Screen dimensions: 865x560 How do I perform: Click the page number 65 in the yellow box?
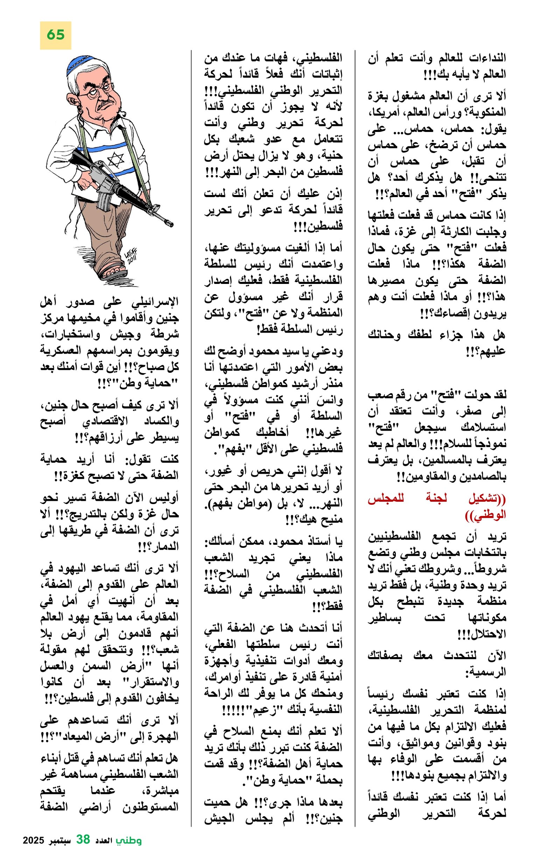click(x=55, y=35)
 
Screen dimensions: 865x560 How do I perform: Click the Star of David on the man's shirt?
click(x=116, y=159)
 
